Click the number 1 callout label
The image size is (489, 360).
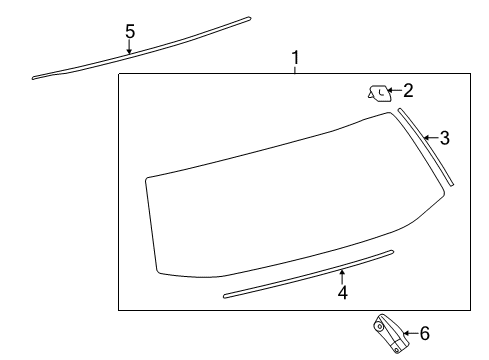[x=295, y=59]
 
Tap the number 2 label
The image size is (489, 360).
[x=407, y=90]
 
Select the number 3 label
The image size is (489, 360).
[x=444, y=139]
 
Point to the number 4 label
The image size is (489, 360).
[x=342, y=293]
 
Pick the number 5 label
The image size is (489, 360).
[x=130, y=31]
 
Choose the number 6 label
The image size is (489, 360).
[x=424, y=333]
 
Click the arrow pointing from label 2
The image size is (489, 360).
[x=393, y=92]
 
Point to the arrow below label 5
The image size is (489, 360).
[x=130, y=47]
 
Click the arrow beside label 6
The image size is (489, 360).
[x=408, y=333]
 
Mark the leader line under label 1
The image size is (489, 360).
[x=295, y=70]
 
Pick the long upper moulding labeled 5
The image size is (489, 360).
[x=140, y=47]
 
